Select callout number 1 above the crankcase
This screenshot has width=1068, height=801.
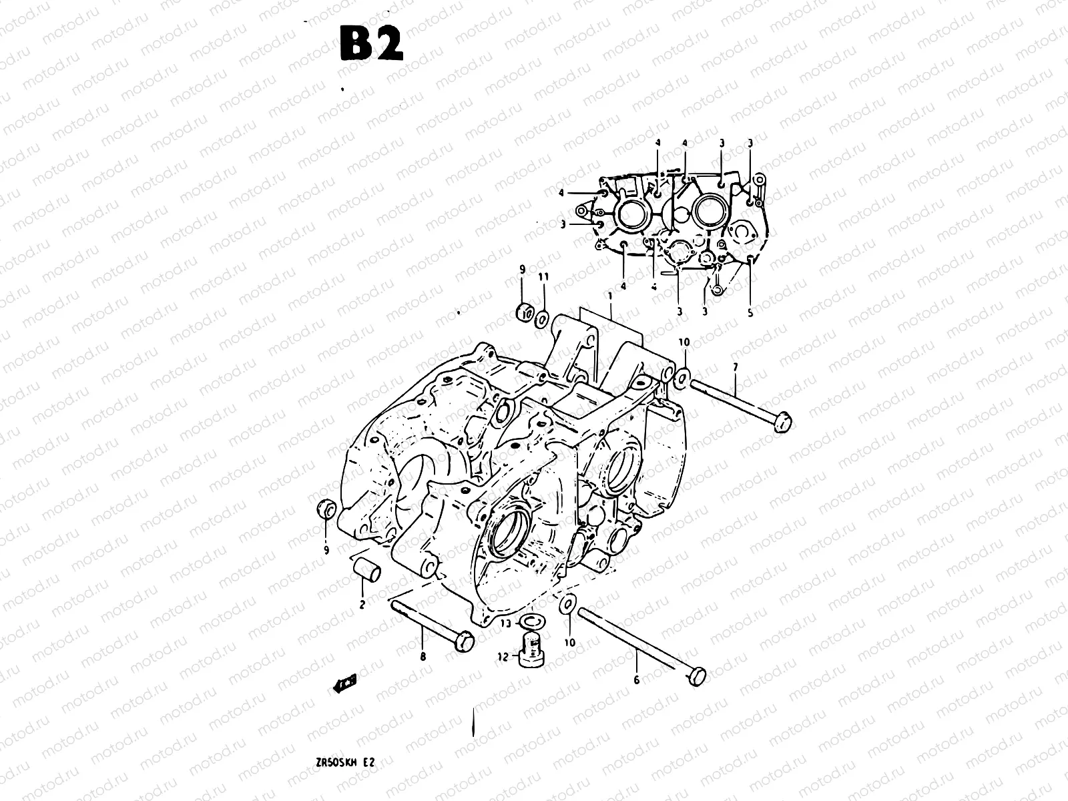609,295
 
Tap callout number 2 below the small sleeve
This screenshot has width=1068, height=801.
362,605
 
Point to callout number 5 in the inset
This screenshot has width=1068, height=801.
750,312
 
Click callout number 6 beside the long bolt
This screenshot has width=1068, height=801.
636,680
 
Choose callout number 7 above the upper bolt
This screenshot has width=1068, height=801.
735,367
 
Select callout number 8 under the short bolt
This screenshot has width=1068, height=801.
423,656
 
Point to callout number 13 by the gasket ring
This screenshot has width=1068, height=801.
505,623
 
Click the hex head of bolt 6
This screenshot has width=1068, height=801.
695,676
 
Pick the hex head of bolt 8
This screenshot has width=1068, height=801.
463,641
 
